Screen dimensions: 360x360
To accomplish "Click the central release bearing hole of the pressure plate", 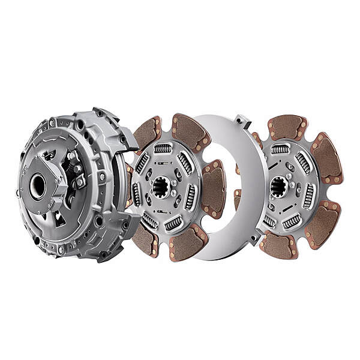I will coord(38,186).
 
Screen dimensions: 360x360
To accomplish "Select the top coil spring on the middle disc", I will coord(163,148).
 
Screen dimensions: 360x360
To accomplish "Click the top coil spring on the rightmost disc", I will coord(280,148).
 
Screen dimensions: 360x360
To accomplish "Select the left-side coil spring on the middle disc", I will coord(136,194).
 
